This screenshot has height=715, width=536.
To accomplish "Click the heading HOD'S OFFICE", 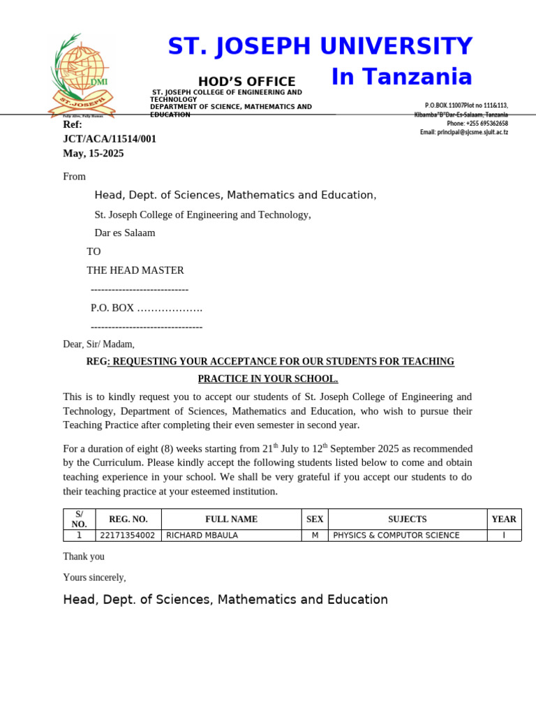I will (246, 82).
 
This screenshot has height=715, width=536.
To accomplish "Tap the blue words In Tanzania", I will (401, 77).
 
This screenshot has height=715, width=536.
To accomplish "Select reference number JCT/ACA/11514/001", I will (110, 139).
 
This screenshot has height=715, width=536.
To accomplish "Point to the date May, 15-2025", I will (94, 153).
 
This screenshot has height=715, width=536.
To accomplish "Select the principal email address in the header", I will (464, 132).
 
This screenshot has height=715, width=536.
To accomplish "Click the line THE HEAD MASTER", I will (135, 270).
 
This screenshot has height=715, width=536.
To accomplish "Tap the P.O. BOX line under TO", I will (147, 308).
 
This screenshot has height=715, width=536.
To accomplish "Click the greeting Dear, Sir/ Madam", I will (98, 344).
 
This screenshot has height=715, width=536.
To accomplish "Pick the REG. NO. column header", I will (128, 519).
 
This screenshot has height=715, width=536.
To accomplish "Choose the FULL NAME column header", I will (231, 519).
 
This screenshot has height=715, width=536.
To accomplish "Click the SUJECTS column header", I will (407, 519).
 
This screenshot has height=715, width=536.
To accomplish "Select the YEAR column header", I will (504, 519).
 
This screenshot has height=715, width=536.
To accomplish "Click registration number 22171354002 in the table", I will (127, 536).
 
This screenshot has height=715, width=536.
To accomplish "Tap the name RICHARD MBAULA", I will (202, 536).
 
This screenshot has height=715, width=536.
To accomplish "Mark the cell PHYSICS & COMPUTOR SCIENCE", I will (396, 536).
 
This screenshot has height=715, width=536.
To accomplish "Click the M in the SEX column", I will (315, 536).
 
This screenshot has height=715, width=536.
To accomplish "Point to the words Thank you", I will (84, 556).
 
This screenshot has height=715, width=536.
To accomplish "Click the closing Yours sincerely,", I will (94, 577).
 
